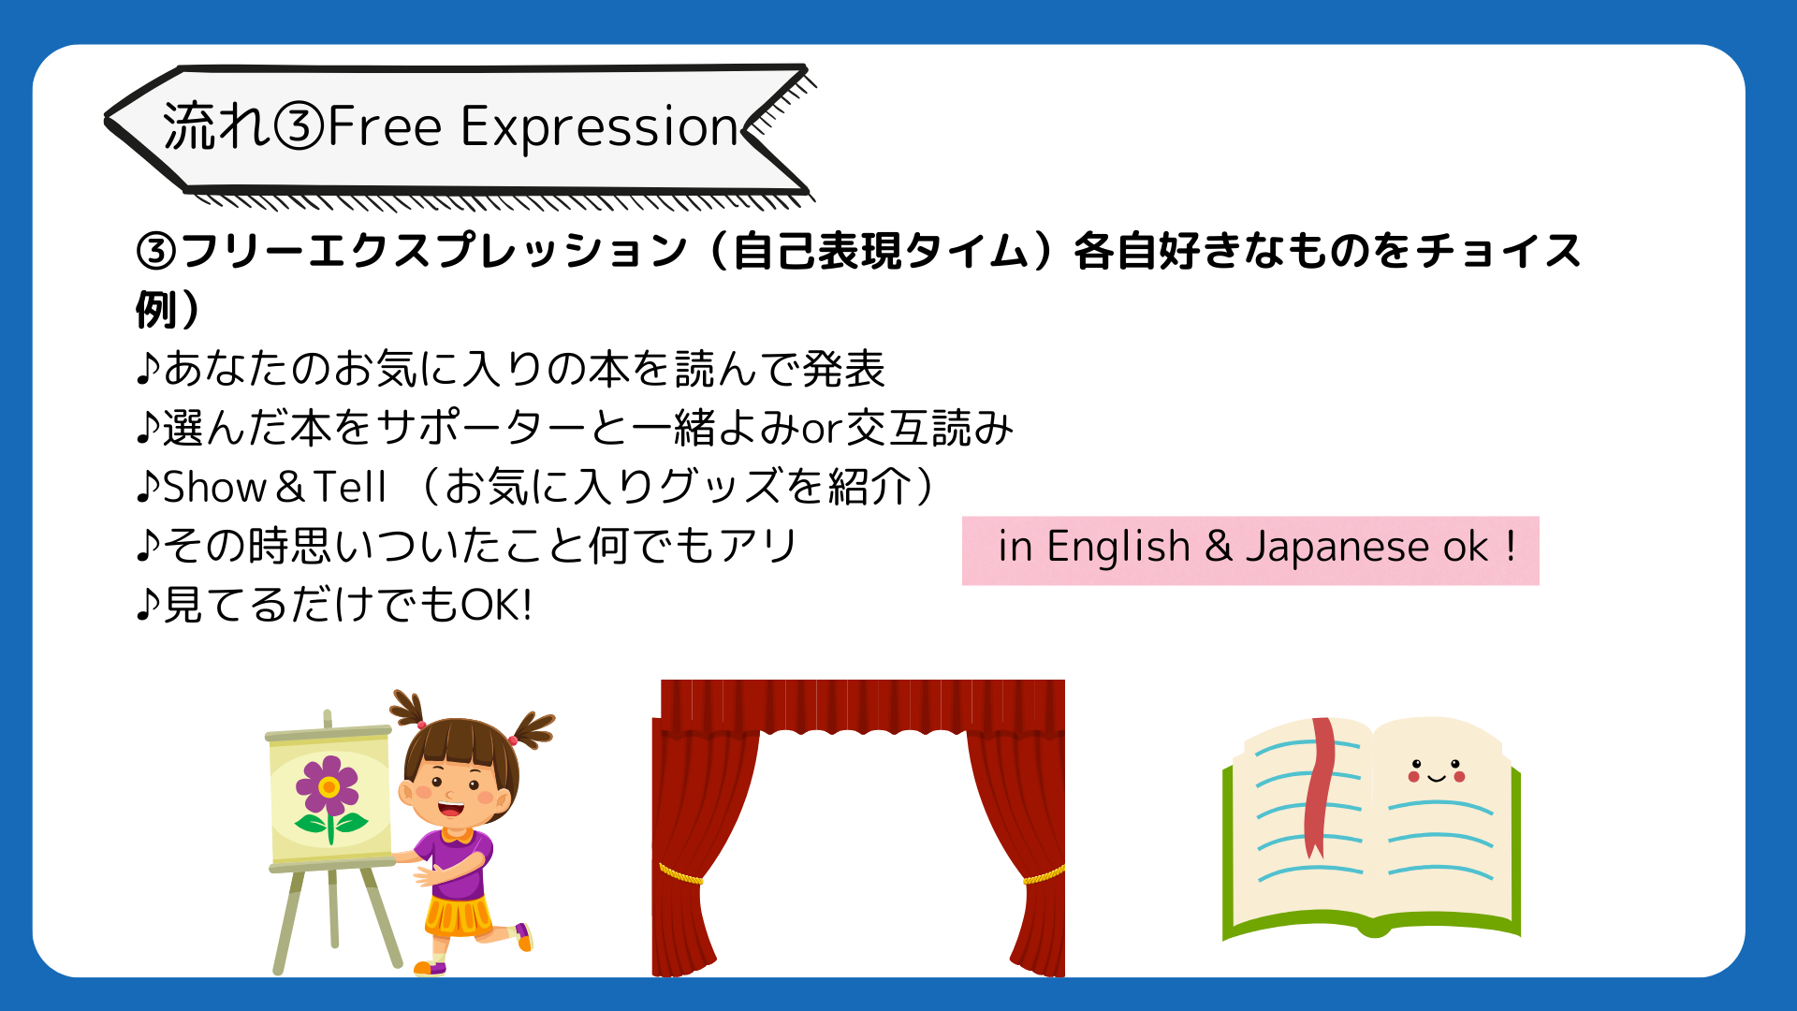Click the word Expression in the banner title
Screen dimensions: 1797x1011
tap(600, 127)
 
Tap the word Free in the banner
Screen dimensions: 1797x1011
tap(384, 126)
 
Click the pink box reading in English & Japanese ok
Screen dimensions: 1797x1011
tap(1250, 550)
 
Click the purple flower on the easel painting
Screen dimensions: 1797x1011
tap(328, 786)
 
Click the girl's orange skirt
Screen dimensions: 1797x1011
tap(458, 915)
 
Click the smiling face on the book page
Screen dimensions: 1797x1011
tap(1436, 771)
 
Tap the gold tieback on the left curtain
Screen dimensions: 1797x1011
tap(680, 874)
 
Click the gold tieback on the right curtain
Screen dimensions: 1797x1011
tap(1044, 876)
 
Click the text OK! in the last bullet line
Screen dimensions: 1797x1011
tap(497, 605)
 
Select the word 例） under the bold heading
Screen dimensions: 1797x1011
tap(168, 309)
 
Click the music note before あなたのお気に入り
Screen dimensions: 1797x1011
tap(148, 369)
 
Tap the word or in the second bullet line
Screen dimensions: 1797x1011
tap(823, 430)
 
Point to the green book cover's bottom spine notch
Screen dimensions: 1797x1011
tap(1373, 928)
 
